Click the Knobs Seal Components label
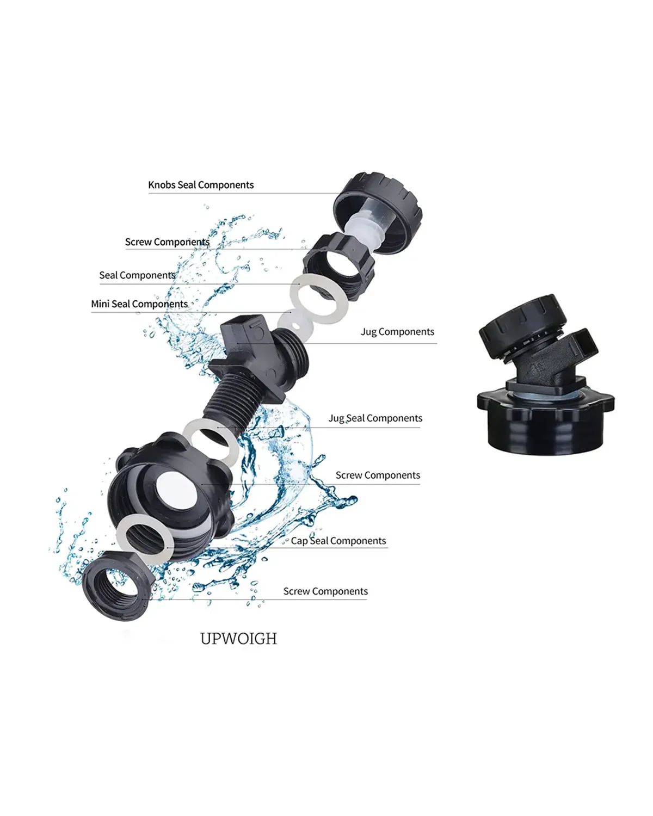point(201,185)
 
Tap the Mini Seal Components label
point(139,304)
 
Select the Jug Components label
point(397,332)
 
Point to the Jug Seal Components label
point(375,418)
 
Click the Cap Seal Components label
point(338,541)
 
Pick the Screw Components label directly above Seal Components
point(167,242)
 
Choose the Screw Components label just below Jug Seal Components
point(378,475)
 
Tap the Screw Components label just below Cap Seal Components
point(325,591)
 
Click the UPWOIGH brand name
point(239,639)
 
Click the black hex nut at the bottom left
point(118,586)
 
